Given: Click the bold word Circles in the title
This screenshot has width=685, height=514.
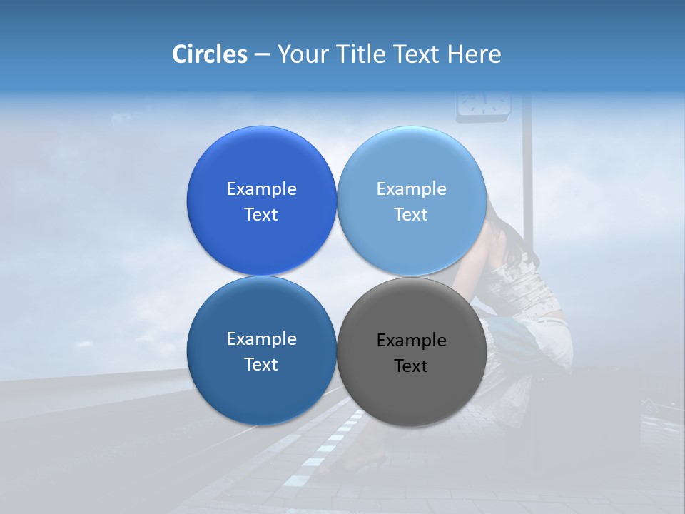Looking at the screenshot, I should pyautogui.click(x=209, y=54).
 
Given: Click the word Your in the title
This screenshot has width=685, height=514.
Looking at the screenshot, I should pyautogui.click(x=300, y=54).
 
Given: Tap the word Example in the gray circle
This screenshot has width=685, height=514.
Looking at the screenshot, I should pyautogui.click(x=412, y=341).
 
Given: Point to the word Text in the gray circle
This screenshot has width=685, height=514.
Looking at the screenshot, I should pyautogui.click(x=411, y=366).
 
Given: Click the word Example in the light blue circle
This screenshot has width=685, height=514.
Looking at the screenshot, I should pyautogui.click(x=412, y=189).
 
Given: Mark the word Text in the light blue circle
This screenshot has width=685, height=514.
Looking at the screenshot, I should pyautogui.click(x=411, y=215).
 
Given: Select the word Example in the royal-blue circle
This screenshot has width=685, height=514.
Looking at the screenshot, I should pyautogui.click(x=261, y=189).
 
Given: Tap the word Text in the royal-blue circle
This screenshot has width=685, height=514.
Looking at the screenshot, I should pyautogui.click(x=261, y=215).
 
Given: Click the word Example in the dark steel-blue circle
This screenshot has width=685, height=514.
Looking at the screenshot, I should pyautogui.click(x=261, y=339).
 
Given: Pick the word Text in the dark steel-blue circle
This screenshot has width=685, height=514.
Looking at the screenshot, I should pyautogui.click(x=261, y=365).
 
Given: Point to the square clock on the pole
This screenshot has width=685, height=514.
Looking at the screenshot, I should pyautogui.click(x=484, y=104).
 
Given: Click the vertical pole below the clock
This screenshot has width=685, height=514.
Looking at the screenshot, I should pyautogui.click(x=527, y=178).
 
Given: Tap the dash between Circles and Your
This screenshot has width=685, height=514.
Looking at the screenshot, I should pyautogui.click(x=262, y=55).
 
